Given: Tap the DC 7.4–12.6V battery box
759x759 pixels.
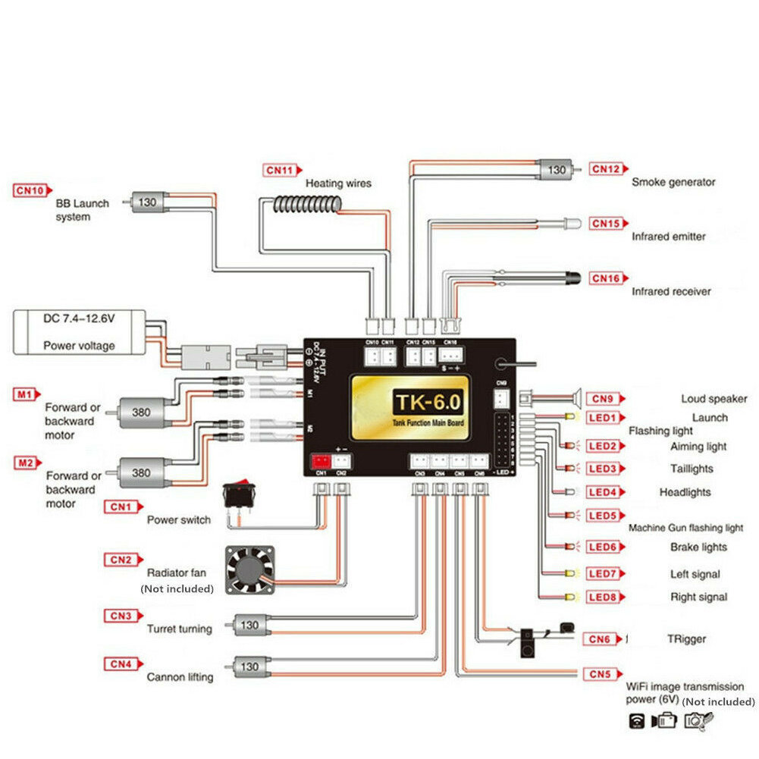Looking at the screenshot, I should (x=79, y=331).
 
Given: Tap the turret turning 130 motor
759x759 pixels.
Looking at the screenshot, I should (x=249, y=626).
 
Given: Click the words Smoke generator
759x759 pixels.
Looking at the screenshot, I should (x=673, y=182).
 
